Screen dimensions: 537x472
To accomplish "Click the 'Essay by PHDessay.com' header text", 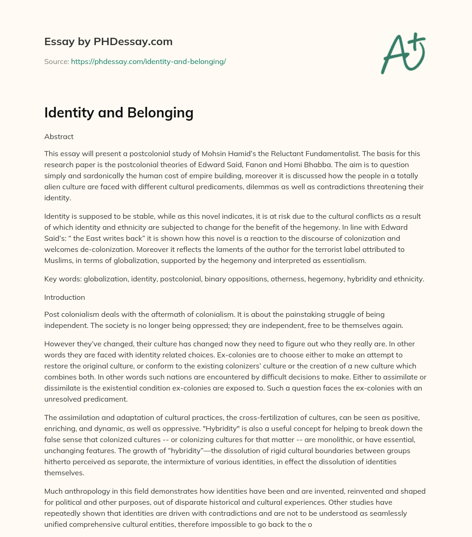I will point(108,42).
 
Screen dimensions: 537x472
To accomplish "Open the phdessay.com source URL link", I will point(148,61).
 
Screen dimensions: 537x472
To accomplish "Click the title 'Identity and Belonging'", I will point(118,113).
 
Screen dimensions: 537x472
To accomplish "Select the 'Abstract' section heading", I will point(59,137).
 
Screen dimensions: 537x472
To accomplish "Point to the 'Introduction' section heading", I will point(65,298).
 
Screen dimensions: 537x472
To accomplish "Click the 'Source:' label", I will point(56,61).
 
